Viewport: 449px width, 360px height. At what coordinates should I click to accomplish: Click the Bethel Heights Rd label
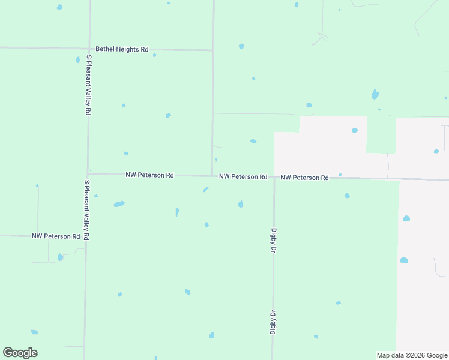coord(122,49)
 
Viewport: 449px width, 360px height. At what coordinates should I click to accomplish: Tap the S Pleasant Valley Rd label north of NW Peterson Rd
coord(88,85)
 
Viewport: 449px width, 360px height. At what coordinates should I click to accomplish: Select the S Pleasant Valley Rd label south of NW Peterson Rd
coord(86,210)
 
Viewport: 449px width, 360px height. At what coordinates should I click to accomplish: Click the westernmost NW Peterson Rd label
coord(56,236)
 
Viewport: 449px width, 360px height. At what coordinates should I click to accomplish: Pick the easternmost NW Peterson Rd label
coord(304,178)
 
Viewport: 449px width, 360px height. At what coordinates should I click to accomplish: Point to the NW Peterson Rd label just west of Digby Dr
coord(243,177)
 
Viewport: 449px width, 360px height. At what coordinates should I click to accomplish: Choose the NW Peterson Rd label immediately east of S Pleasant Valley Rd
coord(149,175)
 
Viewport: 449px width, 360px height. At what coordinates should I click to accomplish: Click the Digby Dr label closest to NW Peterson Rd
coord(273,239)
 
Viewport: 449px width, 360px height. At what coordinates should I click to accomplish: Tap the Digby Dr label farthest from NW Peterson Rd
coord(272,322)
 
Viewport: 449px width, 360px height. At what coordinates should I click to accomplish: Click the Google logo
coord(20,353)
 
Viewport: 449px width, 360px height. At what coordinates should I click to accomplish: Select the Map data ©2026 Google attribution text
coord(412,355)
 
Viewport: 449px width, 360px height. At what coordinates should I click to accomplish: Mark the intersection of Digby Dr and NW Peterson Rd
coord(274,178)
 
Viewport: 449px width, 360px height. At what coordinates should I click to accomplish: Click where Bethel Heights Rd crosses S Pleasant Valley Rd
coord(89,49)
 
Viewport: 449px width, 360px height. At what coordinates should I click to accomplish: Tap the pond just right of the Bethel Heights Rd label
coord(154,55)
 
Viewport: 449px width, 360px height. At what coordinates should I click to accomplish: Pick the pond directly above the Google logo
coord(34,332)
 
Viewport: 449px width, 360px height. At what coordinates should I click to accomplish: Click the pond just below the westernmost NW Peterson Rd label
coord(61,257)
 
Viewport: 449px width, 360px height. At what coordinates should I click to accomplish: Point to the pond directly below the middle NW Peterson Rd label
coord(241,204)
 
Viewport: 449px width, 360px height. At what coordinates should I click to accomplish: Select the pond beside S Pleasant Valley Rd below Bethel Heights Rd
coord(78,60)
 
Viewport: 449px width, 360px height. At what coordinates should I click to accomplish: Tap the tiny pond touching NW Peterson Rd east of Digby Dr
coord(340,175)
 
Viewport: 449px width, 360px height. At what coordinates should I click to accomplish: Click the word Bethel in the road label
coord(105,49)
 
